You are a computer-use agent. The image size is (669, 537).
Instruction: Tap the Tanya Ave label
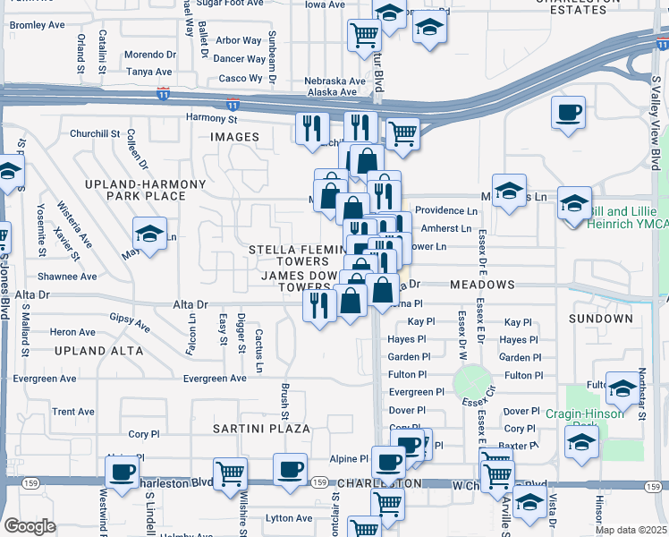tap(148, 72)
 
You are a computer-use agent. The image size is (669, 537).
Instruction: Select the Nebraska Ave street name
tap(335, 81)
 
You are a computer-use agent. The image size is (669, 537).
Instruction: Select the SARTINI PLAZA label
tap(261, 429)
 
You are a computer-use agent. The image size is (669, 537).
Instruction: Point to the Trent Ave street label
tap(73, 412)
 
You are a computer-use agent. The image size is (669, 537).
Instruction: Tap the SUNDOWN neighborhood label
tap(600, 319)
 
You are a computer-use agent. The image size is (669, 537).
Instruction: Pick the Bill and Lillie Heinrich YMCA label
tap(627, 217)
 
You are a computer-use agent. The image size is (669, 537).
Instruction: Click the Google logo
tap(30, 526)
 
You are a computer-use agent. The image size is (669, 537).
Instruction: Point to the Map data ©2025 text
tap(631, 530)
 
